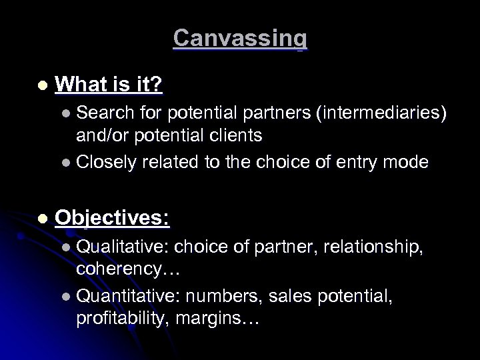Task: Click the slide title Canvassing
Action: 240,38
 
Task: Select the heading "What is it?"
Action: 110,85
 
